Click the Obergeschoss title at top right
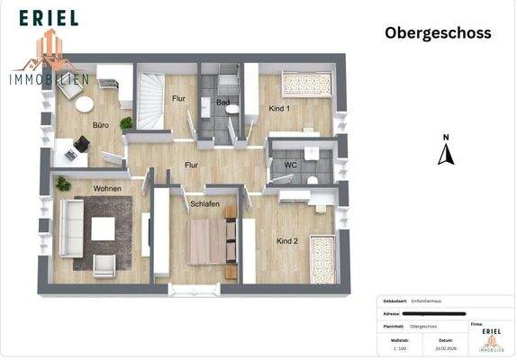438,33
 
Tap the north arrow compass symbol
445,152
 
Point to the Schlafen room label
204,204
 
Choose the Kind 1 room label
280,109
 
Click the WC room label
291,165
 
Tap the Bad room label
222,103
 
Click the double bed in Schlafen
212,241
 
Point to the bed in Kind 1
306,85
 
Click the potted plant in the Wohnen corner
63,184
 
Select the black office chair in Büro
83,143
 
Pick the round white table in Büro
85,104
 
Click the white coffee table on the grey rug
104,229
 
